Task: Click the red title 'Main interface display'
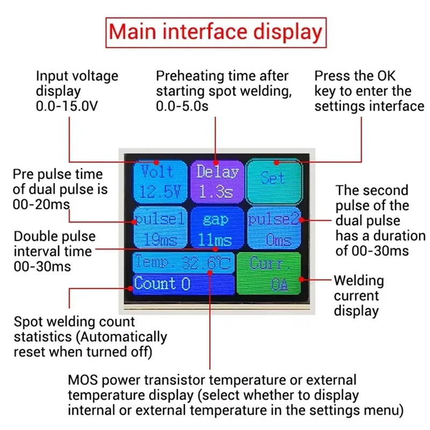pyautogui.click(x=215, y=32)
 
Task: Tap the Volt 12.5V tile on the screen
pyautogui.click(x=160, y=181)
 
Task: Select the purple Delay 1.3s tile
pyautogui.click(x=217, y=181)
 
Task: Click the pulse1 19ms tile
pyautogui.click(x=160, y=228)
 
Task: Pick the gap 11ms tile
pyautogui.click(x=216, y=228)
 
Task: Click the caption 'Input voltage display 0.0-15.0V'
pyautogui.click(x=77, y=91)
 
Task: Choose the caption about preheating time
pyautogui.click(x=224, y=91)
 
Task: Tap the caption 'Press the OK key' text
pyautogui.click(x=370, y=91)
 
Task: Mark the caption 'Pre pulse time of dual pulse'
pyautogui.click(x=60, y=190)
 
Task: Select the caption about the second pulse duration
pyautogui.click(x=379, y=220)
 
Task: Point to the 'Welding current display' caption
pyautogui.click(x=359, y=296)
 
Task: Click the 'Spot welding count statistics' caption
pyautogui.click(x=90, y=337)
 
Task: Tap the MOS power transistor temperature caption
pyautogui.click(x=235, y=396)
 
